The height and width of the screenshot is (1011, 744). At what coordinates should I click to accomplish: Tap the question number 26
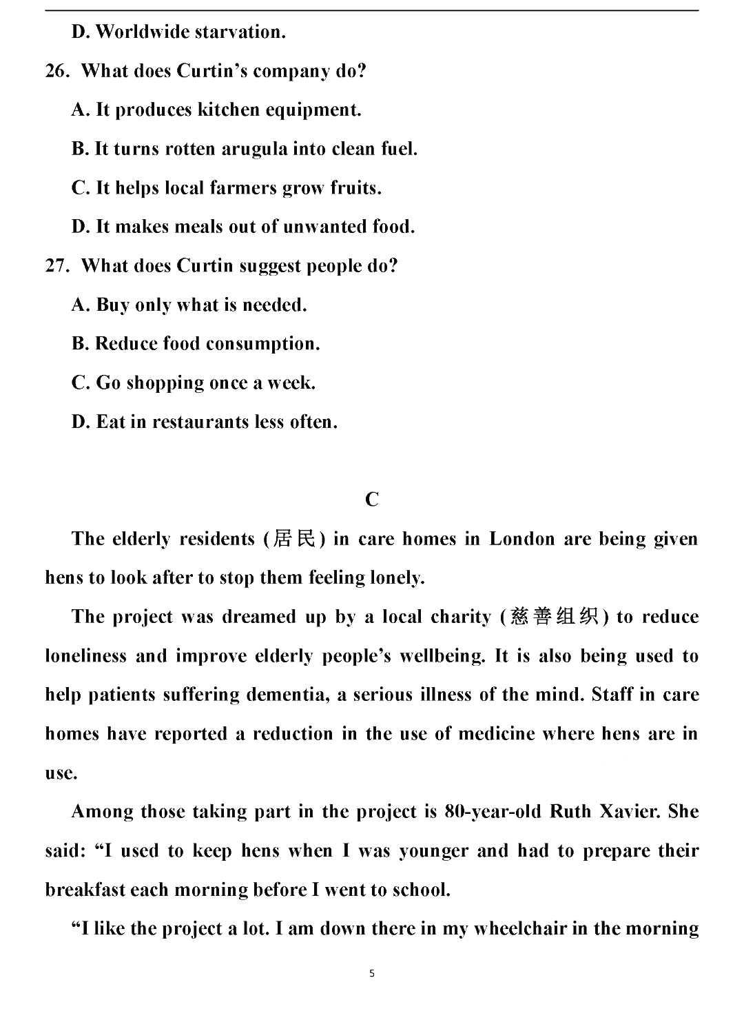[56, 71]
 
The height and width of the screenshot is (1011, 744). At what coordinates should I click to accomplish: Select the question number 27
[56, 266]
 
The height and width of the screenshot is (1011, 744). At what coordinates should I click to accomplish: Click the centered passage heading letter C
[372, 500]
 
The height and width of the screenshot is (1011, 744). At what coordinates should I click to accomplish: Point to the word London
[521, 539]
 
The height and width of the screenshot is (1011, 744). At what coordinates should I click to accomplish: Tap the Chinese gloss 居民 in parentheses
[295, 538]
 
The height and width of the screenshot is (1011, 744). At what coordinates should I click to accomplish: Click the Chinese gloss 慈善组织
[555, 616]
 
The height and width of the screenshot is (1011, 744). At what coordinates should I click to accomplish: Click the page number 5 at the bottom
[372, 974]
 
